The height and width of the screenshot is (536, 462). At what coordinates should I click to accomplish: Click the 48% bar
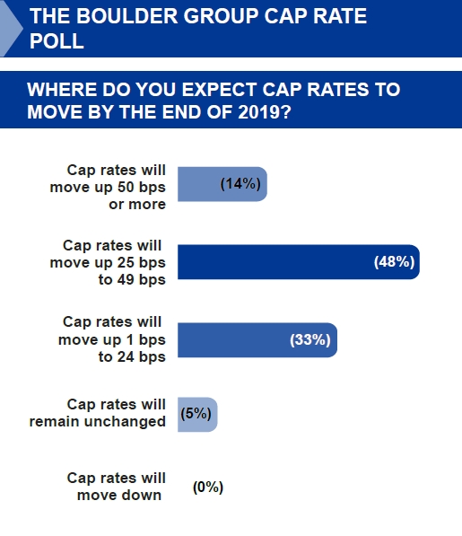[x=299, y=262]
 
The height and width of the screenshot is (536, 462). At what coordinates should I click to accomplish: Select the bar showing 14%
[x=222, y=184]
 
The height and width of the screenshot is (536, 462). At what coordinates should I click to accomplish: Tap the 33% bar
[x=257, y=339]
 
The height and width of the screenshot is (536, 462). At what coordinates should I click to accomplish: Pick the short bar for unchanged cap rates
[x=197, y=414]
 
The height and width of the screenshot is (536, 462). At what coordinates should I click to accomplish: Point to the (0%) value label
[x=208, y=488]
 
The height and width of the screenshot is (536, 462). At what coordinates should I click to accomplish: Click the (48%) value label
[x=395, y=262]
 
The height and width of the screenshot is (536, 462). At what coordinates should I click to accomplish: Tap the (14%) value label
[x=240, y=184]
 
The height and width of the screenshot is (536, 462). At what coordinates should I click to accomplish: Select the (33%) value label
[x=310, y=339]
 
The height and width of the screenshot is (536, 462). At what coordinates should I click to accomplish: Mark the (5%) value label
[x=196, y=414]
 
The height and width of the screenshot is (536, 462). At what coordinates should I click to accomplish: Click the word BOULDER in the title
[x=127, y=16]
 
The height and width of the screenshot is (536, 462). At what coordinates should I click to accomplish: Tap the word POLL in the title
[x=57, y=41]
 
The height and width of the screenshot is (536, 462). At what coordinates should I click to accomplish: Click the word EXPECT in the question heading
[x=219, y=90]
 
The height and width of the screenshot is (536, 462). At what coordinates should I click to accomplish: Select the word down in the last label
[x=143, y=495]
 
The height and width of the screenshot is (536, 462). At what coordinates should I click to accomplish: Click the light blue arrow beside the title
[x=11, y=29]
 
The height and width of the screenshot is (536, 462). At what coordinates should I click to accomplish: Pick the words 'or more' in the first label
[x=137, y=205]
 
